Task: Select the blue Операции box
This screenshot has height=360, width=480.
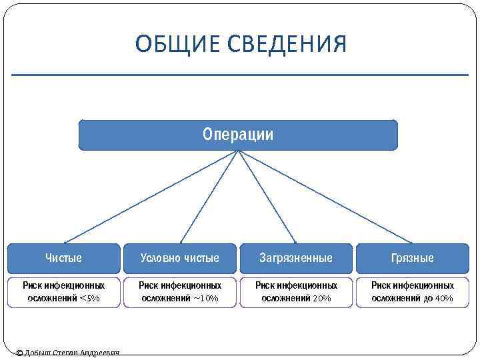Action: pos(238,135)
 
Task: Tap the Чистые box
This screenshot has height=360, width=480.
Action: pos(64,258)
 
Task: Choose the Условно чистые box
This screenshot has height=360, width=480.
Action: pos(179,258)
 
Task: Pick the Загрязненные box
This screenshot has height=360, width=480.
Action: pos(296,258)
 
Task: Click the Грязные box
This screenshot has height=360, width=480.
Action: pos(413,258)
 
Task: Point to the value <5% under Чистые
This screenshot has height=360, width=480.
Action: pos(89,299)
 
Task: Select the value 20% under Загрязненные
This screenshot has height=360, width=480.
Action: pos(321,299)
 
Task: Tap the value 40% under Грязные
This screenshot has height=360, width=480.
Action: pos(443,299)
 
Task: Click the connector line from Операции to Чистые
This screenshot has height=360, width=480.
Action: pos(151,197)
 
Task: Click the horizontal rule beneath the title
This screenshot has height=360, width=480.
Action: pos(240,75)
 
